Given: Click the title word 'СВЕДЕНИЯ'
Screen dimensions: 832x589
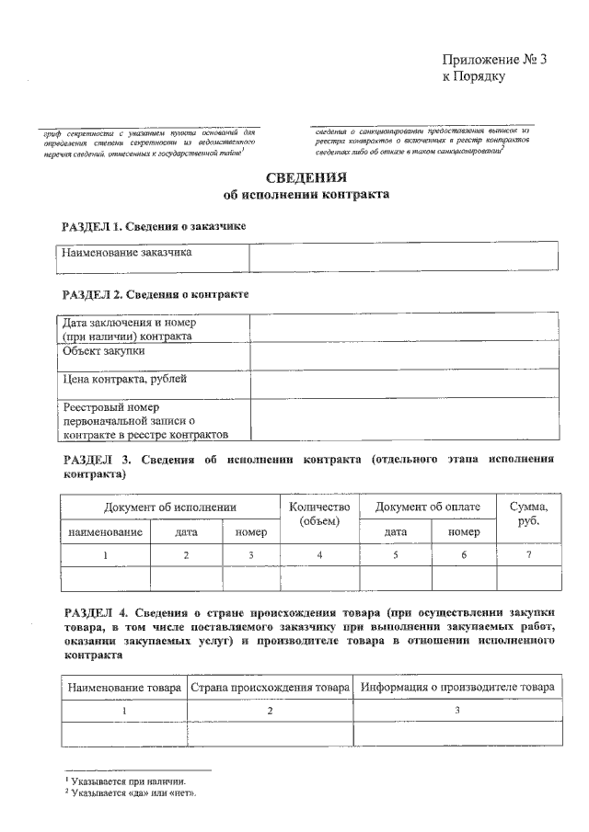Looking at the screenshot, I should tap(294, 177).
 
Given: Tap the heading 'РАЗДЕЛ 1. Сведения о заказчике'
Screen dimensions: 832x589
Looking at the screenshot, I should tap(153, 225).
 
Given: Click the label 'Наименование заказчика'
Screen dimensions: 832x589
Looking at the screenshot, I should tap(127, 253).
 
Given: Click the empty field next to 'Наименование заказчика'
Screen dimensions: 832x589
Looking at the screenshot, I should tap(403, 256).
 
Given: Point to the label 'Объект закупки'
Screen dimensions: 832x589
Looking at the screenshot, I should tap(103, 351).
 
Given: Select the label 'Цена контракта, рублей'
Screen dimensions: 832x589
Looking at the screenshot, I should tap(124, 378).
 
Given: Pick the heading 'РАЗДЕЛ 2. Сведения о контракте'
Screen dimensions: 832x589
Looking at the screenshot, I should tap(155, 294).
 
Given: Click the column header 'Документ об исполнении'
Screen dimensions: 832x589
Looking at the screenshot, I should tap(170, 507).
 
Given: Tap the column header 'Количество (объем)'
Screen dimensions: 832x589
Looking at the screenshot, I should tap(319, 514).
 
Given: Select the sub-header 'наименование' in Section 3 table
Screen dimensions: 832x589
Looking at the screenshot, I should tap(105, 530).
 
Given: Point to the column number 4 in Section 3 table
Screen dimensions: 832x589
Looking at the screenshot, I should tap(319, 554).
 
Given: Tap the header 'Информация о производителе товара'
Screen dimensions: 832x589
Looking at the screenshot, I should tap(457, 688).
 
